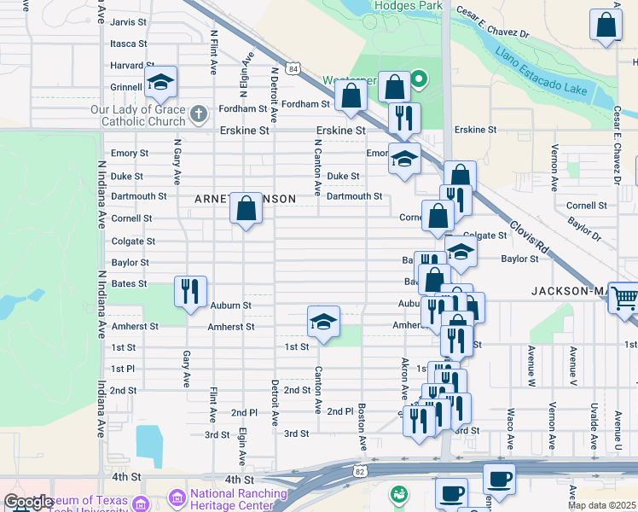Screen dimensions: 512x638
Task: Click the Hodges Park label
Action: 408,6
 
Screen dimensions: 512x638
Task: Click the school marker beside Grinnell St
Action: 160,83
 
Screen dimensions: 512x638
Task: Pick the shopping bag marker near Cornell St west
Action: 246,208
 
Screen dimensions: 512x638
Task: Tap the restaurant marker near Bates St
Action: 189,291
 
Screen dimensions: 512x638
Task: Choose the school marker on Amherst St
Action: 323,322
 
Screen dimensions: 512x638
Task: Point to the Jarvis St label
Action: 129,21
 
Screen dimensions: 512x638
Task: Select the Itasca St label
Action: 129,44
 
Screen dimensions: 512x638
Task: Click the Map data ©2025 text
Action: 601,505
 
